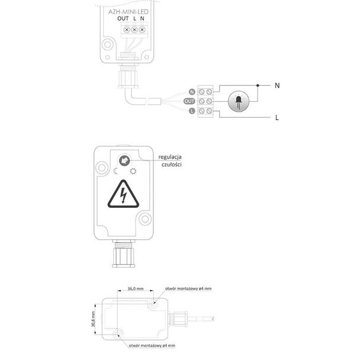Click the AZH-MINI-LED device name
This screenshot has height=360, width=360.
[x=128, y=12]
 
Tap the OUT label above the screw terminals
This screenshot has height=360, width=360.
[x=123, y=18]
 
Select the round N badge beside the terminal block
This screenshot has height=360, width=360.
[x=192, y=92]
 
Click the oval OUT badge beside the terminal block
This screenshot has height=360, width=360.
[x=189, y=101]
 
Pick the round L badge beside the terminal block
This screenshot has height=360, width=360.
[x=192, y=111]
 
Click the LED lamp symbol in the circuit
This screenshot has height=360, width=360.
[x=239, y=101]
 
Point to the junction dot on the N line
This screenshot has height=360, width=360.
[x=258, y=85]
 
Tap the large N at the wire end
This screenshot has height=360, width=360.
[x=277, y=86]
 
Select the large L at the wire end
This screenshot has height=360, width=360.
[x=277, y=118]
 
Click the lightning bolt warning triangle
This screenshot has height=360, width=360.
[x=123, y=194]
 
